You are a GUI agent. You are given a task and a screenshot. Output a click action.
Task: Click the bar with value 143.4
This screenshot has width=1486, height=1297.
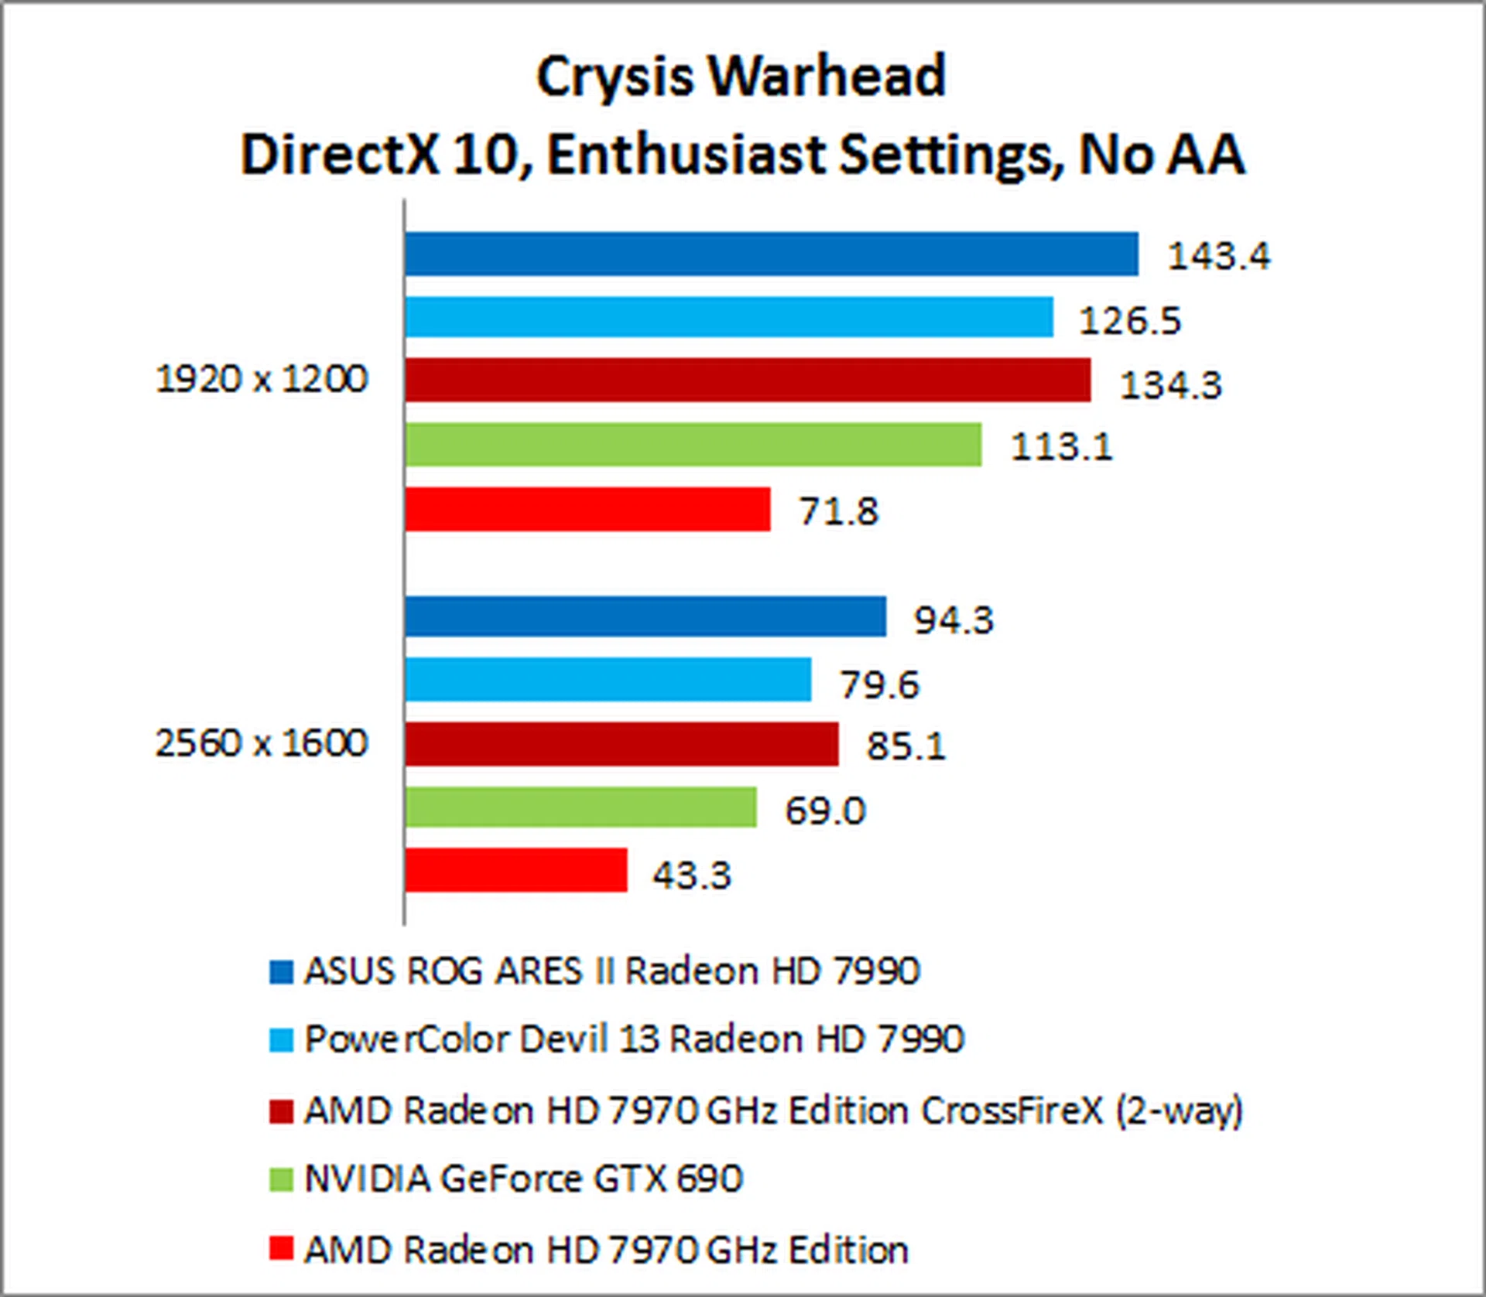tap(771, 254)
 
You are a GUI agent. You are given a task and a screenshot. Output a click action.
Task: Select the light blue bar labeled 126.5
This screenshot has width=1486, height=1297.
tap(728, 317)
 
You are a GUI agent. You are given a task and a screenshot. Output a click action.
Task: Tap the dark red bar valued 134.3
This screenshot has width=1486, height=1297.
tap(747, 380)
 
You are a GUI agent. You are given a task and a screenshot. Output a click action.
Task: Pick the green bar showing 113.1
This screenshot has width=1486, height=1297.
tap(693, 445)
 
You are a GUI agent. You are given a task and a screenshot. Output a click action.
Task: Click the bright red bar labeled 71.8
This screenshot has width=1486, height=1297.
tap(587, 509)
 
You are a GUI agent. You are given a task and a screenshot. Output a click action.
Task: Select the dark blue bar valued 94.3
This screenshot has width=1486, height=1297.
tap(645, 616)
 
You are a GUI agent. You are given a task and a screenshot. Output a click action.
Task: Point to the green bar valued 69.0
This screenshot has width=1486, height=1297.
tap(580, 807)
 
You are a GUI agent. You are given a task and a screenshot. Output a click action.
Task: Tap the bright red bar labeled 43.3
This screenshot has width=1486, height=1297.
tap(515, 870)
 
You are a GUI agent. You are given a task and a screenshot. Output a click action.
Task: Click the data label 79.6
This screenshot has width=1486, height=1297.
tap(879, 684)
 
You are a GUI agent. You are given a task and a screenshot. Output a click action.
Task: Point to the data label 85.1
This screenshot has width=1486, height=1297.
tap(906, 746)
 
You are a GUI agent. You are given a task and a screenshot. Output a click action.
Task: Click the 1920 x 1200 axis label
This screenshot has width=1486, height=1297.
tap(262, 379)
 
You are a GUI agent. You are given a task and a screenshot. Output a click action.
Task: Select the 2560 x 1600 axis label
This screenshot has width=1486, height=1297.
tap(262, 742)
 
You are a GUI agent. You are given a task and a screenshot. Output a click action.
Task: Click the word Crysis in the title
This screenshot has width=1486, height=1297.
tap(615, 77)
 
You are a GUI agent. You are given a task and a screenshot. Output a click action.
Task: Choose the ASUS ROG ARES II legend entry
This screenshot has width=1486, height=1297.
tap(611, 971)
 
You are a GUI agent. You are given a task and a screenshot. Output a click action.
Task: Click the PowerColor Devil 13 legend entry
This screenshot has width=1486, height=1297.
tap(634, 1039)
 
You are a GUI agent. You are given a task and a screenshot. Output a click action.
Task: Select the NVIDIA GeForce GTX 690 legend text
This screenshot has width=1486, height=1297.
tap(523, 1179)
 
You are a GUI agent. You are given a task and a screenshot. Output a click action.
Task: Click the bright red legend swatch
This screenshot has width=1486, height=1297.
tap(281, 1249)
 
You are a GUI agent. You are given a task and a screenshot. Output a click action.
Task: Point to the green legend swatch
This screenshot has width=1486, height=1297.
tap(281, 1179)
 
